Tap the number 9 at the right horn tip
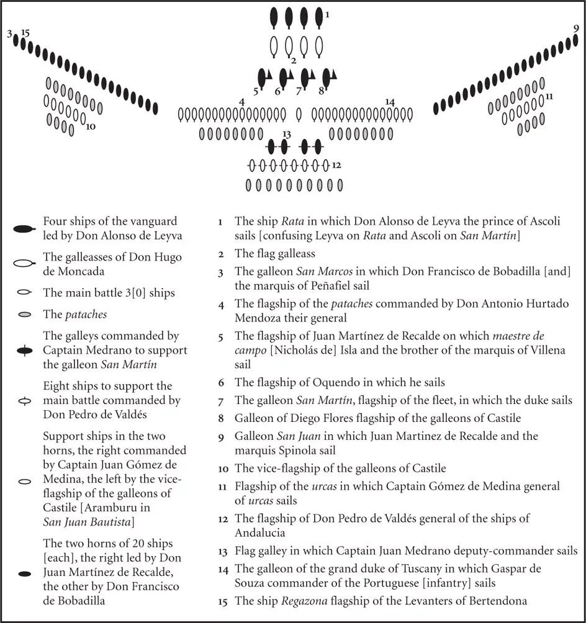coord(576,28)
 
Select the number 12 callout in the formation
coord(336,165)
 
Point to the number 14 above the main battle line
coord(390,102)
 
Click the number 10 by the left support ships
coord(91,127)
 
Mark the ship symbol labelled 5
coord(263,78)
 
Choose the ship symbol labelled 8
coord(327,78)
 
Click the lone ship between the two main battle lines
coord(299,114)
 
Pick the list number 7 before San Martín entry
coord(221,401)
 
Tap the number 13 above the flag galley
coord(286,134)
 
